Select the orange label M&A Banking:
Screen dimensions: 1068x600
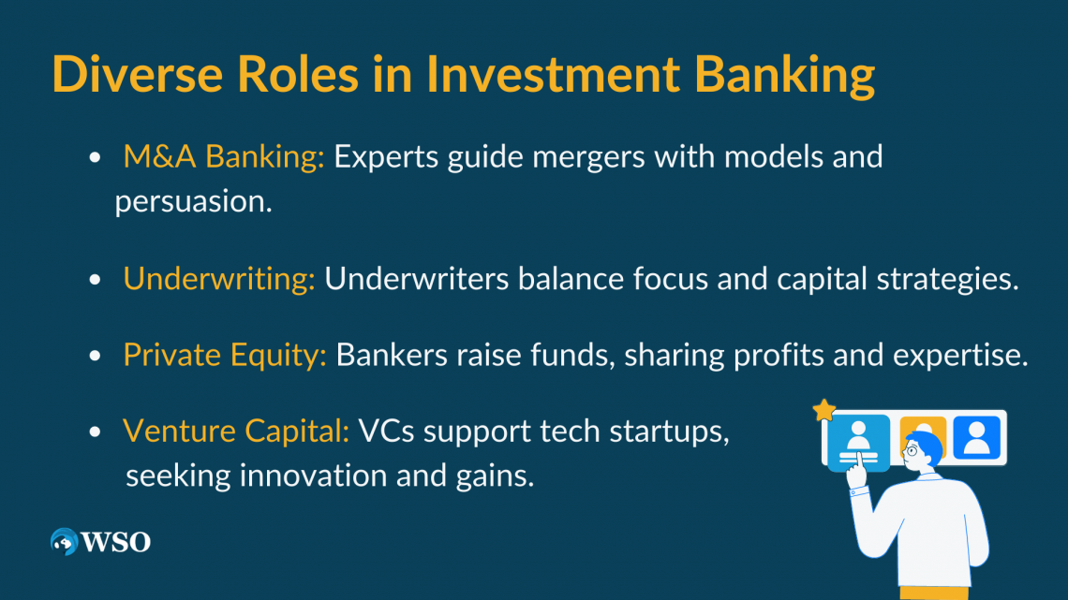[x=223, y=156]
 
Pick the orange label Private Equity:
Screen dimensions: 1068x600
[x=225, y=356]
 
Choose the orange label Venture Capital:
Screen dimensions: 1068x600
[x=236, y=432]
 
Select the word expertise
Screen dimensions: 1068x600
[x=960, y=356]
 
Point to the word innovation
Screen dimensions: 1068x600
[x=313, y=476]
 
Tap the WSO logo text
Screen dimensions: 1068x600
[x=116, y=542]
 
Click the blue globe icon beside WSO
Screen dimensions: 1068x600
[x=65, y=541]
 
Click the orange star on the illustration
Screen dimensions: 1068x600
[x=824, y=410]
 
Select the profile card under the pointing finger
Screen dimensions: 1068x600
[x=858, y=442]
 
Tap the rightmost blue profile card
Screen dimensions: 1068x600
[x=977, y=437]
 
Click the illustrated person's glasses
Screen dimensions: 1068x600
[x=912, y=450]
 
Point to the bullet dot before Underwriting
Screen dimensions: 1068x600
[x=95, y=280]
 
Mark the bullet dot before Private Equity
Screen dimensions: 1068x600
[x=95, y=355]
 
